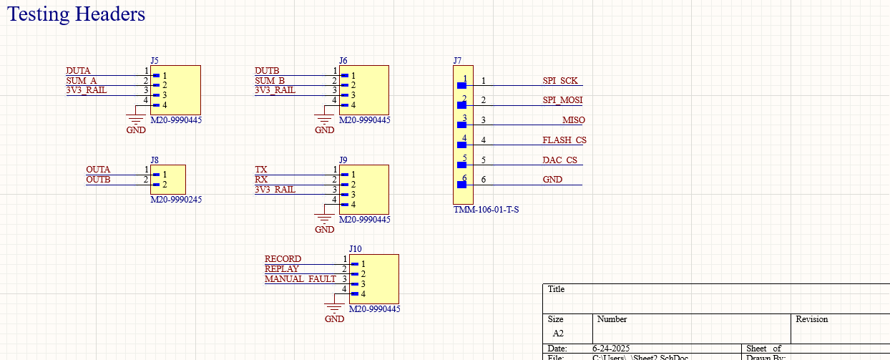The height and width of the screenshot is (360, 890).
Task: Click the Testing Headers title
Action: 77,14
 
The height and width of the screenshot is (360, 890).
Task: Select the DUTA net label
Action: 78,71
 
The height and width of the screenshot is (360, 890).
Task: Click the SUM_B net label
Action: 270,80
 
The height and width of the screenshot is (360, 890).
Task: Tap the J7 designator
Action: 457,61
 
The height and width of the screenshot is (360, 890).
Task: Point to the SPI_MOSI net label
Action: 562,100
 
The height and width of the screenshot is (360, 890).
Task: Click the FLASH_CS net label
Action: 564,140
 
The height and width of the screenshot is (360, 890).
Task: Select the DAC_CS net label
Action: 559,160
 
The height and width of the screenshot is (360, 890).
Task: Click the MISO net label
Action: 572,120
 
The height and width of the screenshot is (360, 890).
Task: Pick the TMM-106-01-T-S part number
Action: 486,210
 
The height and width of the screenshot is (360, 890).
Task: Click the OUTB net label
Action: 98,180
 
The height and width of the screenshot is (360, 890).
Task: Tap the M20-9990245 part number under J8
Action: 176,200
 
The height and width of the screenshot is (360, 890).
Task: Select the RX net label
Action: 261,180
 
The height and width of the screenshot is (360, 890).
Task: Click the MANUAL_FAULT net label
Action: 300,279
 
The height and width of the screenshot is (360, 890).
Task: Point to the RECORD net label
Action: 283,259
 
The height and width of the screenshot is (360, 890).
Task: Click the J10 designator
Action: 355,249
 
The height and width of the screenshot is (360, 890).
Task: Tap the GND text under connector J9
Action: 324,230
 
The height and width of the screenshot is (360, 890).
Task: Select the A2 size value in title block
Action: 558,334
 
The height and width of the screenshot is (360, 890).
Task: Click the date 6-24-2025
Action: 611,349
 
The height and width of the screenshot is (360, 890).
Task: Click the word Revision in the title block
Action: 811,319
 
